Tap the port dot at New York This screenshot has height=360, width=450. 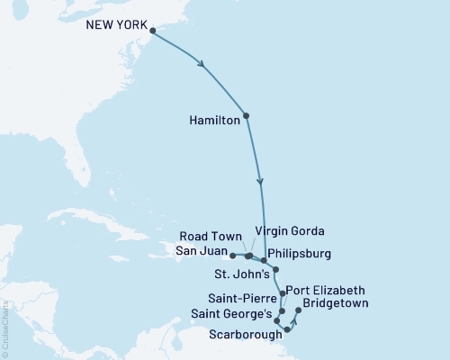pos(151,31)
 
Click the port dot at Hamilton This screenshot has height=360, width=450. pos(246,115)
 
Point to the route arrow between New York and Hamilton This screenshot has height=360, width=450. pos(202,65)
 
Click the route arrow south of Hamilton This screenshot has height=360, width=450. pos(261,181)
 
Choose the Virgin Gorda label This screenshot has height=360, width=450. pos(289,229)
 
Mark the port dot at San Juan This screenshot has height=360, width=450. pos(232,256)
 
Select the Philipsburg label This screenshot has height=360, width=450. pos(307,254)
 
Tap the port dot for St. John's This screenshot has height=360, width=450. pos(276,269)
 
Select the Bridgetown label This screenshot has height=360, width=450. pos(338,304)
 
